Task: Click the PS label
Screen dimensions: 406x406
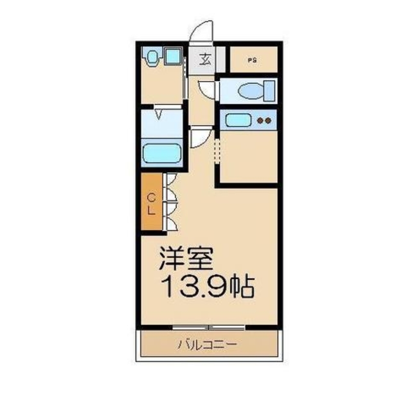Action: point(252,60)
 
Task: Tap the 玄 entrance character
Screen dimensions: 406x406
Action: point(205,60)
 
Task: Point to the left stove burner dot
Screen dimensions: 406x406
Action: point(260,120)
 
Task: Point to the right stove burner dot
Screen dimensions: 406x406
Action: point(268,120)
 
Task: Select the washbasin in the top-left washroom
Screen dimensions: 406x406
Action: point(152,58)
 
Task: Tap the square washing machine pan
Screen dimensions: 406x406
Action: point(172,56)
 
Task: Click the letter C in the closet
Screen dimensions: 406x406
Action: point(151,198)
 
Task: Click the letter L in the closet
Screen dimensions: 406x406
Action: point(151,212)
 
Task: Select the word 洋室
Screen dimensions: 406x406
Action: point(186,259)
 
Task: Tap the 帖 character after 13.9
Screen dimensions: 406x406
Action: point(242,287)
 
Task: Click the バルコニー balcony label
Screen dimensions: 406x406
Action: point(207,346)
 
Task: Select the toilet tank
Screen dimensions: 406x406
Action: point(269,91)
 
